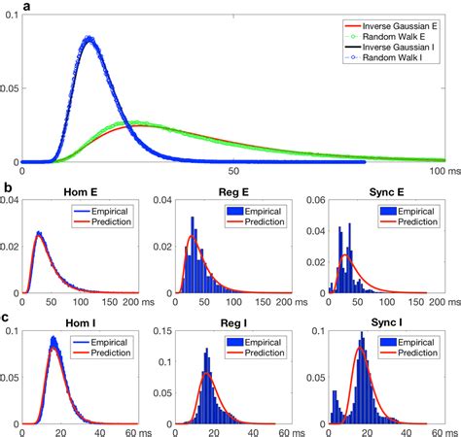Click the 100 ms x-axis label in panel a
tap(432, 171)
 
